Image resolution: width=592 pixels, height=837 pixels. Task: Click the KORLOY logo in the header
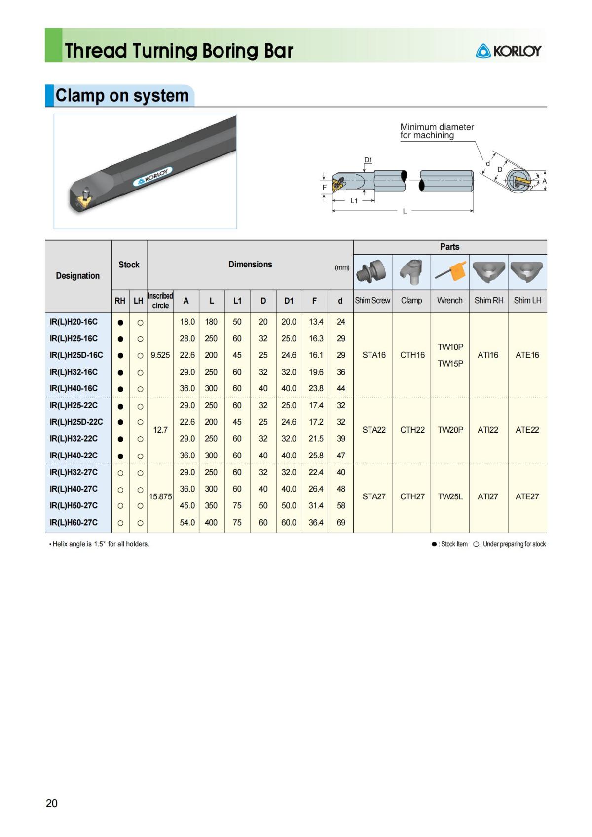[509, 51]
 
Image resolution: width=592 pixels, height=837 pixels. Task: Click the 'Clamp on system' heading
[121, 95]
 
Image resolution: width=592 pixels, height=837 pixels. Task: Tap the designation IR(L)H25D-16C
[76, 355]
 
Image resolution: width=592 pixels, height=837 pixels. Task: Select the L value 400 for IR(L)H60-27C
[211, 522]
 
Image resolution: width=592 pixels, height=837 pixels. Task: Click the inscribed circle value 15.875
[160, 496]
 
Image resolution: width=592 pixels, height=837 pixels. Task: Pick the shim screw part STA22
[374, 430]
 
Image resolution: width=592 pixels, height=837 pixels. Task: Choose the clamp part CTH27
[412, 496]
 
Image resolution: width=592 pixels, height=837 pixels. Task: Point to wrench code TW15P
[450, 364]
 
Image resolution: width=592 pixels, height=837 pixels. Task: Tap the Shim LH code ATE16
[527, 355]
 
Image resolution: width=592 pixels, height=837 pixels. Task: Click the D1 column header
[289, 301]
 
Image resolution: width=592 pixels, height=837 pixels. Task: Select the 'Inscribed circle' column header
[160, 301]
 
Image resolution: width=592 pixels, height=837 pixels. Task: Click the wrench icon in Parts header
[450, 272]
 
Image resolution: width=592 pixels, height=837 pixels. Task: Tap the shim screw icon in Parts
[373, 272]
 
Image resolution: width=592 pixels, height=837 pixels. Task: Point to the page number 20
[52, 803]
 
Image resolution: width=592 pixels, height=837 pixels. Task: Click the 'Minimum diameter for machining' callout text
[437, 131]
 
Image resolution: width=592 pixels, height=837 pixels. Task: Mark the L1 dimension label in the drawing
[354, 201]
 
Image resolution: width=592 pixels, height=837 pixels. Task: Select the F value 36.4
[316, 522]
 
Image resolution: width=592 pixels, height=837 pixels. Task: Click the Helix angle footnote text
[100, 544]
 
